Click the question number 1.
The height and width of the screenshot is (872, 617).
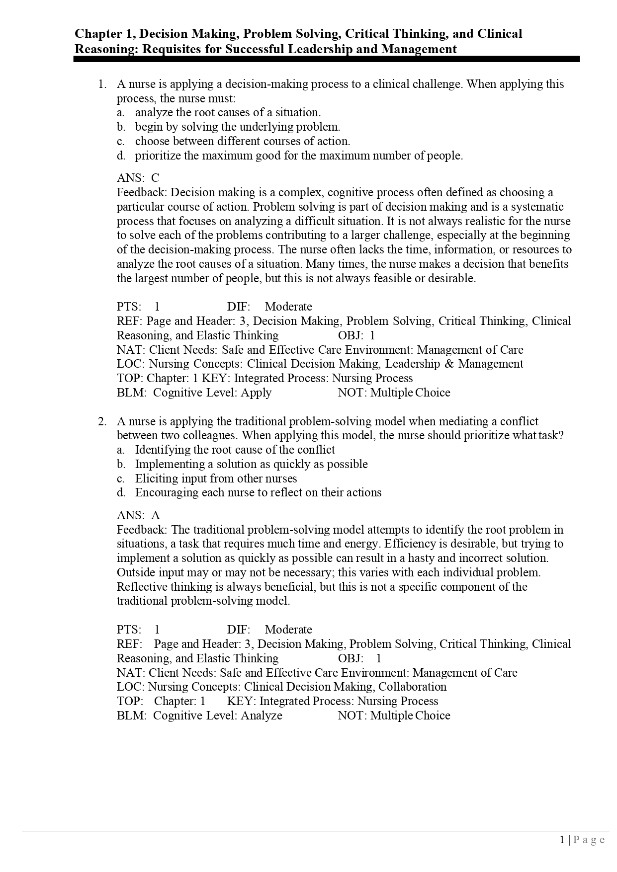102,84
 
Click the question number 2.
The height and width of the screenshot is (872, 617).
102,422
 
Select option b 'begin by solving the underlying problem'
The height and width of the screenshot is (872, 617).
237,127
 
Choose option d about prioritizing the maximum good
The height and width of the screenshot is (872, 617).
298,156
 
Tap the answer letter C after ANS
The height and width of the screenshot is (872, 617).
155,178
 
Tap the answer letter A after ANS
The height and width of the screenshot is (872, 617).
155,516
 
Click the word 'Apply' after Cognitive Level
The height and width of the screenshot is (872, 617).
256,393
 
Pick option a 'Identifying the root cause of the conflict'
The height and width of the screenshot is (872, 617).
235,450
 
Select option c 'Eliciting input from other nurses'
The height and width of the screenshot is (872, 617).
216,479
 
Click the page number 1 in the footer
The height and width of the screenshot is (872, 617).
562,840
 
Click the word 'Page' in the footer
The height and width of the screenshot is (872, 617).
589,840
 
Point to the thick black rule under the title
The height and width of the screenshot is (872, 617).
326,59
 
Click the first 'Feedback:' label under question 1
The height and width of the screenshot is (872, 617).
142,193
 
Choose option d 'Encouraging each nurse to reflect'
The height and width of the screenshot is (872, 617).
258,493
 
